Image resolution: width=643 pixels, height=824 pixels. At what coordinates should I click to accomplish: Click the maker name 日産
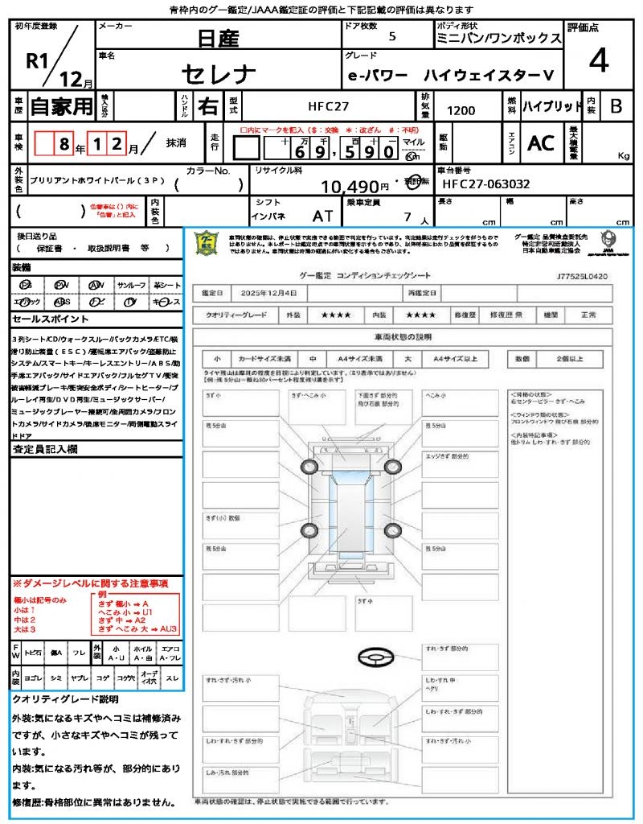(217, 37)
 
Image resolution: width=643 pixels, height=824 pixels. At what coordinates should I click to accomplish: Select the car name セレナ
(218, 75)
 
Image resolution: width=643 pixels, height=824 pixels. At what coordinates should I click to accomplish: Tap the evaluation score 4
(598, 60)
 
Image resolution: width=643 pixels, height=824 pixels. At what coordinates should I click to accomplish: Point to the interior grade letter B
(616, 105)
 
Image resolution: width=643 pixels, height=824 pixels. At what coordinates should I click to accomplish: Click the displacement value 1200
(461, 111)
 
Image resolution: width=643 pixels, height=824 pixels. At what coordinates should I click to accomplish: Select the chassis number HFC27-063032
(486, 184)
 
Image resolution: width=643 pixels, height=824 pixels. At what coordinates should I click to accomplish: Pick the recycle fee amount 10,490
(350, 187)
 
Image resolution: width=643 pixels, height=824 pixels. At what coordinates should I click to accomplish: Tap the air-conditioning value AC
(541, 142)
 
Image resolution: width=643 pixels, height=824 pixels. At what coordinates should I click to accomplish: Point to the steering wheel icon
(375, 657)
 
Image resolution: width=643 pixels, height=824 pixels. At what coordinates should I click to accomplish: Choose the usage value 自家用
(62, 105)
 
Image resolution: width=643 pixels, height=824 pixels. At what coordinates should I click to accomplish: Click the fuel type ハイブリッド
(552, 105)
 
